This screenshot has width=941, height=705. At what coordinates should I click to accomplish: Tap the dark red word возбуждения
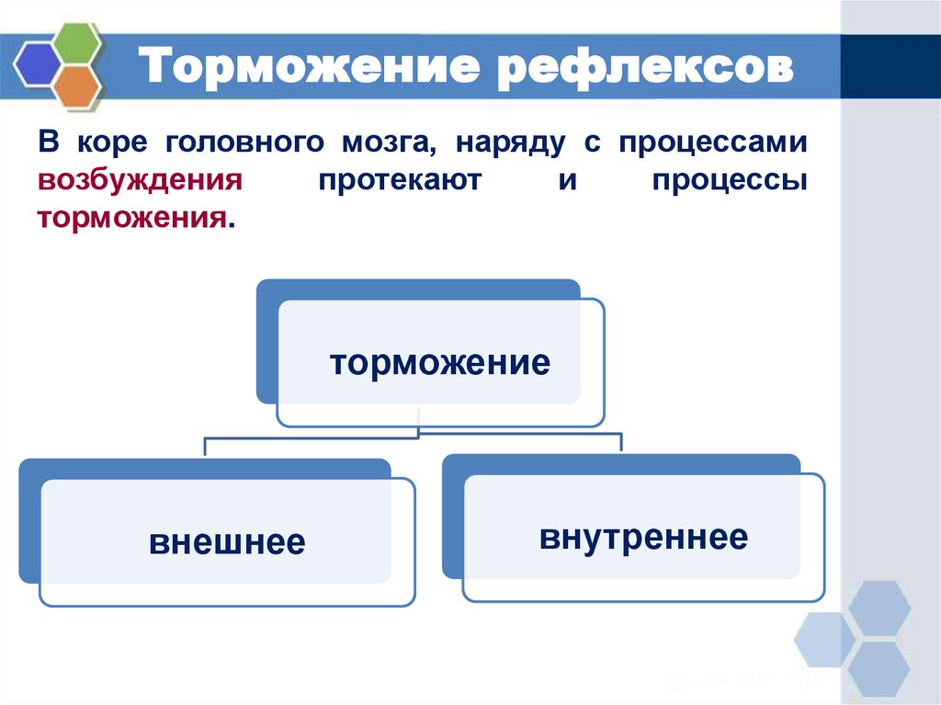[x=140, y=181]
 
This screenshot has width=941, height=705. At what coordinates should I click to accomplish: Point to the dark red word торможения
[x=131, y=219]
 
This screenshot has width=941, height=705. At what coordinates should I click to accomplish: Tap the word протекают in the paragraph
[x=399, y=181]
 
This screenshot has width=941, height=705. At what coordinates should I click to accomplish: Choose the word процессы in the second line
[x=731, y=181]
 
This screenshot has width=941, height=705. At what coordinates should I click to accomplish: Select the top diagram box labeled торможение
[x=440, y=362]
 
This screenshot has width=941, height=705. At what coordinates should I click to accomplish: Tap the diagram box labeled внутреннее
[x=643, y=537]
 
